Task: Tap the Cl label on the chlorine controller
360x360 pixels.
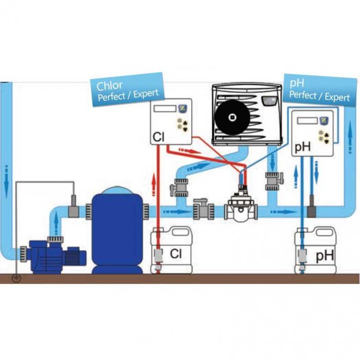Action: (x=158, y=137)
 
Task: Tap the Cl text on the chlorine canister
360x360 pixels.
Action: (x=175, y=254)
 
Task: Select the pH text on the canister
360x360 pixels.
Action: (x=325, y=257)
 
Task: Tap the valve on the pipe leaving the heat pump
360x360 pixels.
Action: (x=273, y=179)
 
